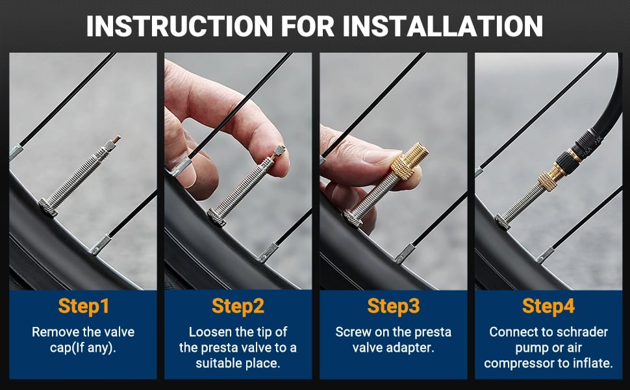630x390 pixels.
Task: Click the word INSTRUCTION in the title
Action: pyautogui.click(x=180, y=27)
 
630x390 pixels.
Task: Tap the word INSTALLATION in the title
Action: pyautogui.click(x=443, y=27)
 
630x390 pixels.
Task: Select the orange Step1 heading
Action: pyautogui.click(x=84, y=306)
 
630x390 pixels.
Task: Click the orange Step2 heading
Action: pyautogui.click(x=238, y=306)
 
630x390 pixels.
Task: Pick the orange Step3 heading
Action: pyautogui.click(x=394, y=306)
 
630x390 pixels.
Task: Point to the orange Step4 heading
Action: pyautogui.click(x=548, y=306)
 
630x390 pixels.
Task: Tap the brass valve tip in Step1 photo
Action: pyautogui.click(x=116, y=140)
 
